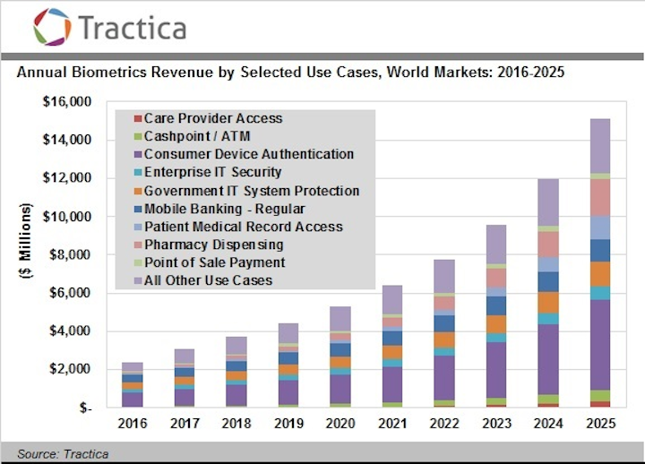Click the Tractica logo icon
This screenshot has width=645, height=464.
coord(52,26)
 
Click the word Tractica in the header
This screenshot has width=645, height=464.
coord(133,27)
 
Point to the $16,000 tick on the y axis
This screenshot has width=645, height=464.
coord(67,102)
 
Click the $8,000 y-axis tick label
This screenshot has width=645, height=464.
coord(71,255)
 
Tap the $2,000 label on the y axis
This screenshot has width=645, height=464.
coord(71,370)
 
